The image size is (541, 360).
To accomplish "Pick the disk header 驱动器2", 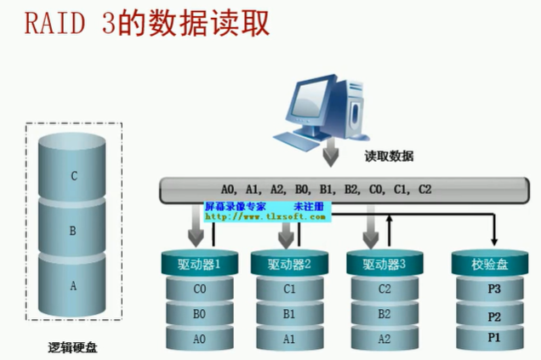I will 290,264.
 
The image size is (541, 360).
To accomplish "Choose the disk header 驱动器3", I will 384,264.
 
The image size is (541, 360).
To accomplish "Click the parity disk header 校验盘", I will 491,265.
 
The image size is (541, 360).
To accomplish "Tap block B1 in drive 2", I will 290,313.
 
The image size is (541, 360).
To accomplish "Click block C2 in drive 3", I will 384,289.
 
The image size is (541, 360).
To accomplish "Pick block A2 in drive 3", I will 384,338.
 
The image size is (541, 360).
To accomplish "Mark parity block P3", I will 493,289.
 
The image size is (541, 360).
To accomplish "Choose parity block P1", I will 493,338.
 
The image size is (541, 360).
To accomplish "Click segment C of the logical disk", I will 74,176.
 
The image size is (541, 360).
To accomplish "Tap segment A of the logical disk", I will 74,286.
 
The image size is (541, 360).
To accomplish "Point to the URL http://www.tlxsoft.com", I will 265,217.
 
